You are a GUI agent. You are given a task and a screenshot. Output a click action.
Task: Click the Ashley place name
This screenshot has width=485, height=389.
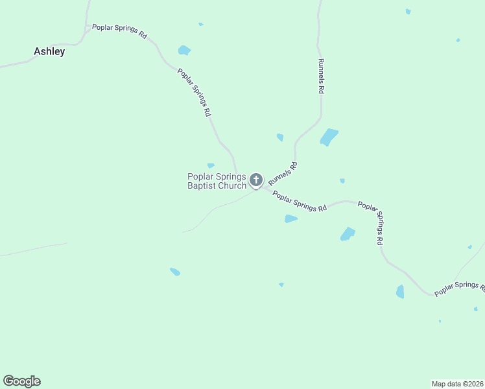click(49, 51)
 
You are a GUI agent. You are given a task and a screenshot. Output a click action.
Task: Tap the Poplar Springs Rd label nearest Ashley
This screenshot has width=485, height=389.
click(119, 31)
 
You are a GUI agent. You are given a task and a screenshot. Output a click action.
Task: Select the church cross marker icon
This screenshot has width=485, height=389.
click(256, 180)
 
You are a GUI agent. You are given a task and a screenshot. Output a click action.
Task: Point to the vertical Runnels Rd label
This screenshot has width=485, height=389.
click(320, 77)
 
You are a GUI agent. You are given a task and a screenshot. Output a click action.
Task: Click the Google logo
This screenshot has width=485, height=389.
click(21, 381)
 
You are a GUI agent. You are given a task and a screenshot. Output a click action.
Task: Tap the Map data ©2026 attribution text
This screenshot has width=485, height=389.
click(458, 384)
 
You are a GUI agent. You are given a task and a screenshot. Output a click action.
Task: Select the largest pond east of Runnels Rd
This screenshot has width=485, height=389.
click(329, 137)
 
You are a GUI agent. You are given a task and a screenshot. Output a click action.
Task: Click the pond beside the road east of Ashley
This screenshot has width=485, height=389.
click(184, 50)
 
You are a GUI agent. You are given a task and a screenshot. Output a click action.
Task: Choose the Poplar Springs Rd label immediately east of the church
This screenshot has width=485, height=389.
click(299, 202)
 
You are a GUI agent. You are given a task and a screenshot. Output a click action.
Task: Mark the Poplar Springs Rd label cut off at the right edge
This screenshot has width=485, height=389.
click(459, 289)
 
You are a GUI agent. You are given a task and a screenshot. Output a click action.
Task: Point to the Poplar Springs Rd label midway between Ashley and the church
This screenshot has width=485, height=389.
click(195, 91)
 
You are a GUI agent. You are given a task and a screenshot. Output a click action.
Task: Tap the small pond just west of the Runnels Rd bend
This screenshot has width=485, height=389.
click(280, 137)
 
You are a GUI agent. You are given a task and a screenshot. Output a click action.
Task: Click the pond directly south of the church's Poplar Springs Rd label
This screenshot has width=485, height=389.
click(291, 219)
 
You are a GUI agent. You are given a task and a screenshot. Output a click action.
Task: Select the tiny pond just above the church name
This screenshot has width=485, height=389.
click(211, 165)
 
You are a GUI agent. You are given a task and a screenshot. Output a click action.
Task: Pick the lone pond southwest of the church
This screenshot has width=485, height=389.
click(175, 272)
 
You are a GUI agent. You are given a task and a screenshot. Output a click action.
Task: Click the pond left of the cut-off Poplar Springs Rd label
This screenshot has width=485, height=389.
click(400, 292)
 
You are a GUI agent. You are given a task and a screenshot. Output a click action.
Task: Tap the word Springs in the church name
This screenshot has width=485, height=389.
click(231, 176)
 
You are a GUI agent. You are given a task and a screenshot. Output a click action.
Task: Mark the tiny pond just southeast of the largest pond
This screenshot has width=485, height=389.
click(342, 181)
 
